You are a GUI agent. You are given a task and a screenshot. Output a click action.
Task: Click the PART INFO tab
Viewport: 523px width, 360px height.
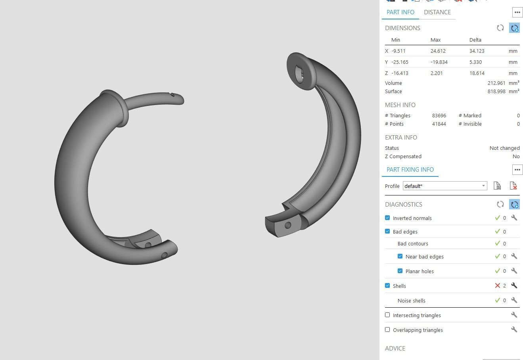click(400, 12)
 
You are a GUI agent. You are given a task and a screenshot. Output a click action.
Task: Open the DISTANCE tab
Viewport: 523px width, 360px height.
click(437, 12)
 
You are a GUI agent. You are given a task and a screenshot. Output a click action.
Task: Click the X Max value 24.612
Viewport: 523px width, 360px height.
click(438, 51)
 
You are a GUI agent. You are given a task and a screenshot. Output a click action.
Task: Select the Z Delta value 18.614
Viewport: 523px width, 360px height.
click(477, 73)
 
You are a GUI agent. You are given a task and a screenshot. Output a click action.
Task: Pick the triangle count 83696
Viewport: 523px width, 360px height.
click(439, 116)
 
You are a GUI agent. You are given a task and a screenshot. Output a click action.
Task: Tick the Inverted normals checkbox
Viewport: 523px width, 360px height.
click(387, 218)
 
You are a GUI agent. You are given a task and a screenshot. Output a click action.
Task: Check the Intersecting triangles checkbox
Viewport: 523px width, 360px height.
click(387, 315)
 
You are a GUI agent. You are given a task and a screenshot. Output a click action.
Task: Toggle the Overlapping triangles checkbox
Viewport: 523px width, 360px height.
click(387, 330)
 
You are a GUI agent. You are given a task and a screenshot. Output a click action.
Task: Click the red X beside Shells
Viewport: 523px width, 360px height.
click(497, 286)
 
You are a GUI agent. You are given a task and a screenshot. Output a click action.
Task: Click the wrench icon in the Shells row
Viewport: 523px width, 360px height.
click(514, 286)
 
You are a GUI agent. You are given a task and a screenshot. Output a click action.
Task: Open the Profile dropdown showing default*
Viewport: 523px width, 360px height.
click(444, 186)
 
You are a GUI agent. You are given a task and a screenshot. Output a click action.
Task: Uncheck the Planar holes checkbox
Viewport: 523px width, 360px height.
click(400, 271)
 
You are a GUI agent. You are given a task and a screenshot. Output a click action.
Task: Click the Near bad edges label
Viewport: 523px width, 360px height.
click(424, 257)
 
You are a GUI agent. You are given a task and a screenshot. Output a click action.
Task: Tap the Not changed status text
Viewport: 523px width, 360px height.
click(504, 148)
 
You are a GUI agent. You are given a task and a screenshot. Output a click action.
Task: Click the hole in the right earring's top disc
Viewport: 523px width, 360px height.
click(299, 74)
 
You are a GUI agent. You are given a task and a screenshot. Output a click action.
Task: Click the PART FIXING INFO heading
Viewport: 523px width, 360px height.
click(410, 170)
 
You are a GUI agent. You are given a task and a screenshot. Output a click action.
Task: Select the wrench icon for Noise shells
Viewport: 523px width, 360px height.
click(514, 301)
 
